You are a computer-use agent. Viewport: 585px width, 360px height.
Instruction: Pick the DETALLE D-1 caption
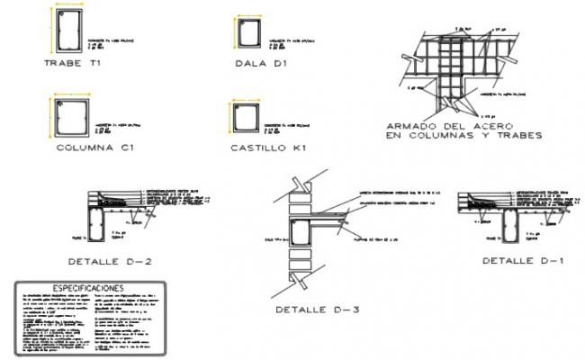511,260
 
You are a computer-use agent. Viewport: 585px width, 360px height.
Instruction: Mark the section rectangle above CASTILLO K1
243,119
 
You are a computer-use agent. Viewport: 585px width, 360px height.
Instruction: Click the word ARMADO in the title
409,125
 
